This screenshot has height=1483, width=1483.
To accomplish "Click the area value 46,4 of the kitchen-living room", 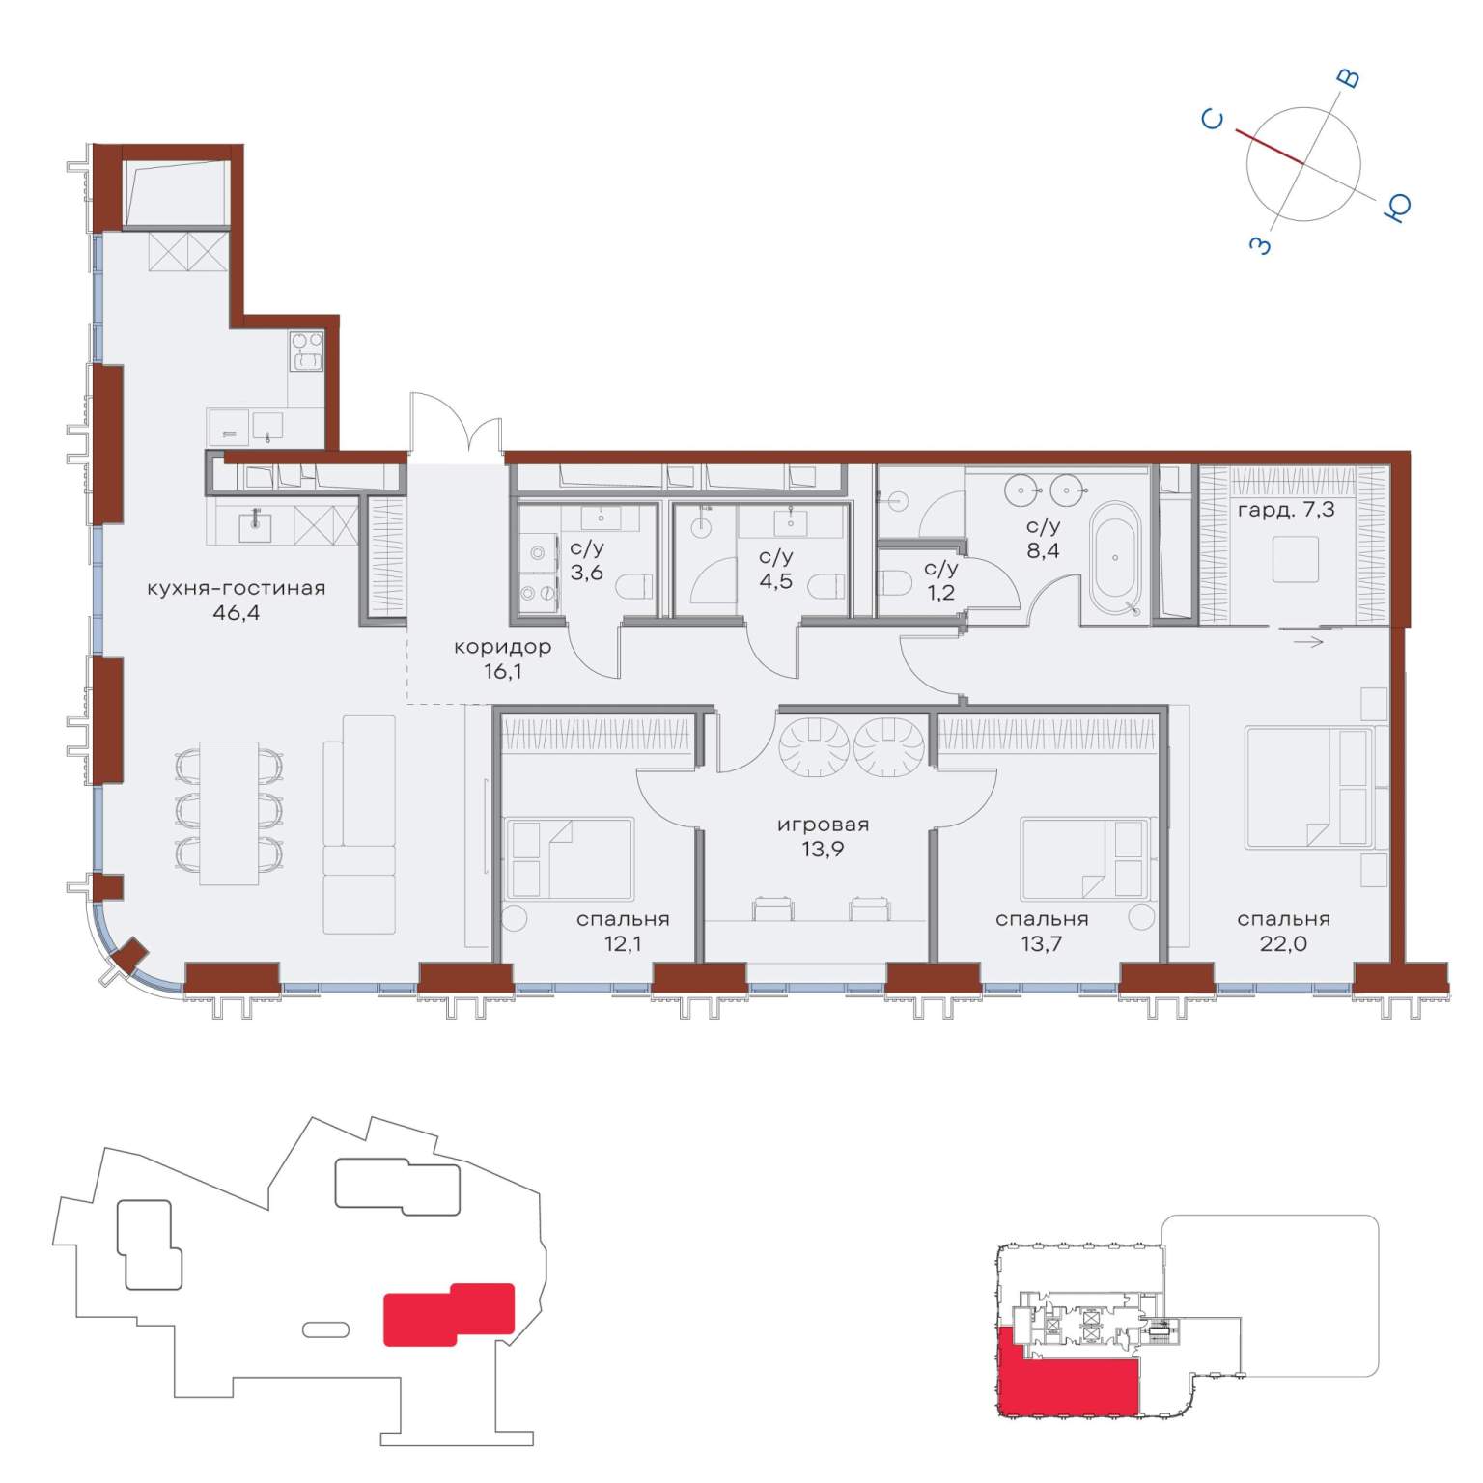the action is [x=237, y=613].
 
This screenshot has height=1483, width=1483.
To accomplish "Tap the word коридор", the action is [x=502, y=647].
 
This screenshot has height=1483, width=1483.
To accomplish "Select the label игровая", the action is [x=823, y=825].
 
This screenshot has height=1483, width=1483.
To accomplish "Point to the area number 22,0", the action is [x=1283, y=943].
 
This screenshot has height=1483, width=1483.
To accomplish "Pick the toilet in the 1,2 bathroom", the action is [x=897, y=584].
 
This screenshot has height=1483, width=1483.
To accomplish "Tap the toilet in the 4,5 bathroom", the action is [x=826, y=586].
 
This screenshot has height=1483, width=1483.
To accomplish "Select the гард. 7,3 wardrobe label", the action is [x=1286, y=509].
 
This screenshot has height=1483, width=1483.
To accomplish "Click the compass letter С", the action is [x=1213, y=119].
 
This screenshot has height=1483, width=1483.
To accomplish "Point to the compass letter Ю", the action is [x=1398, y=206].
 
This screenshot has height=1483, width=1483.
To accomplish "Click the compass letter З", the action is [x=1261, y=245].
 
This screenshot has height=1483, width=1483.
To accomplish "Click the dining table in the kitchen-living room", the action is [x=229, y=813].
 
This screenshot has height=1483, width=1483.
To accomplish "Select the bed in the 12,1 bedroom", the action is [x=570, y=859].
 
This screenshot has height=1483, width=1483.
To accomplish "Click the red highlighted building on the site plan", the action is [x=449, y=1314].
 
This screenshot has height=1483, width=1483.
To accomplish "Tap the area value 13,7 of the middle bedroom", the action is [x=1041, y=943].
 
